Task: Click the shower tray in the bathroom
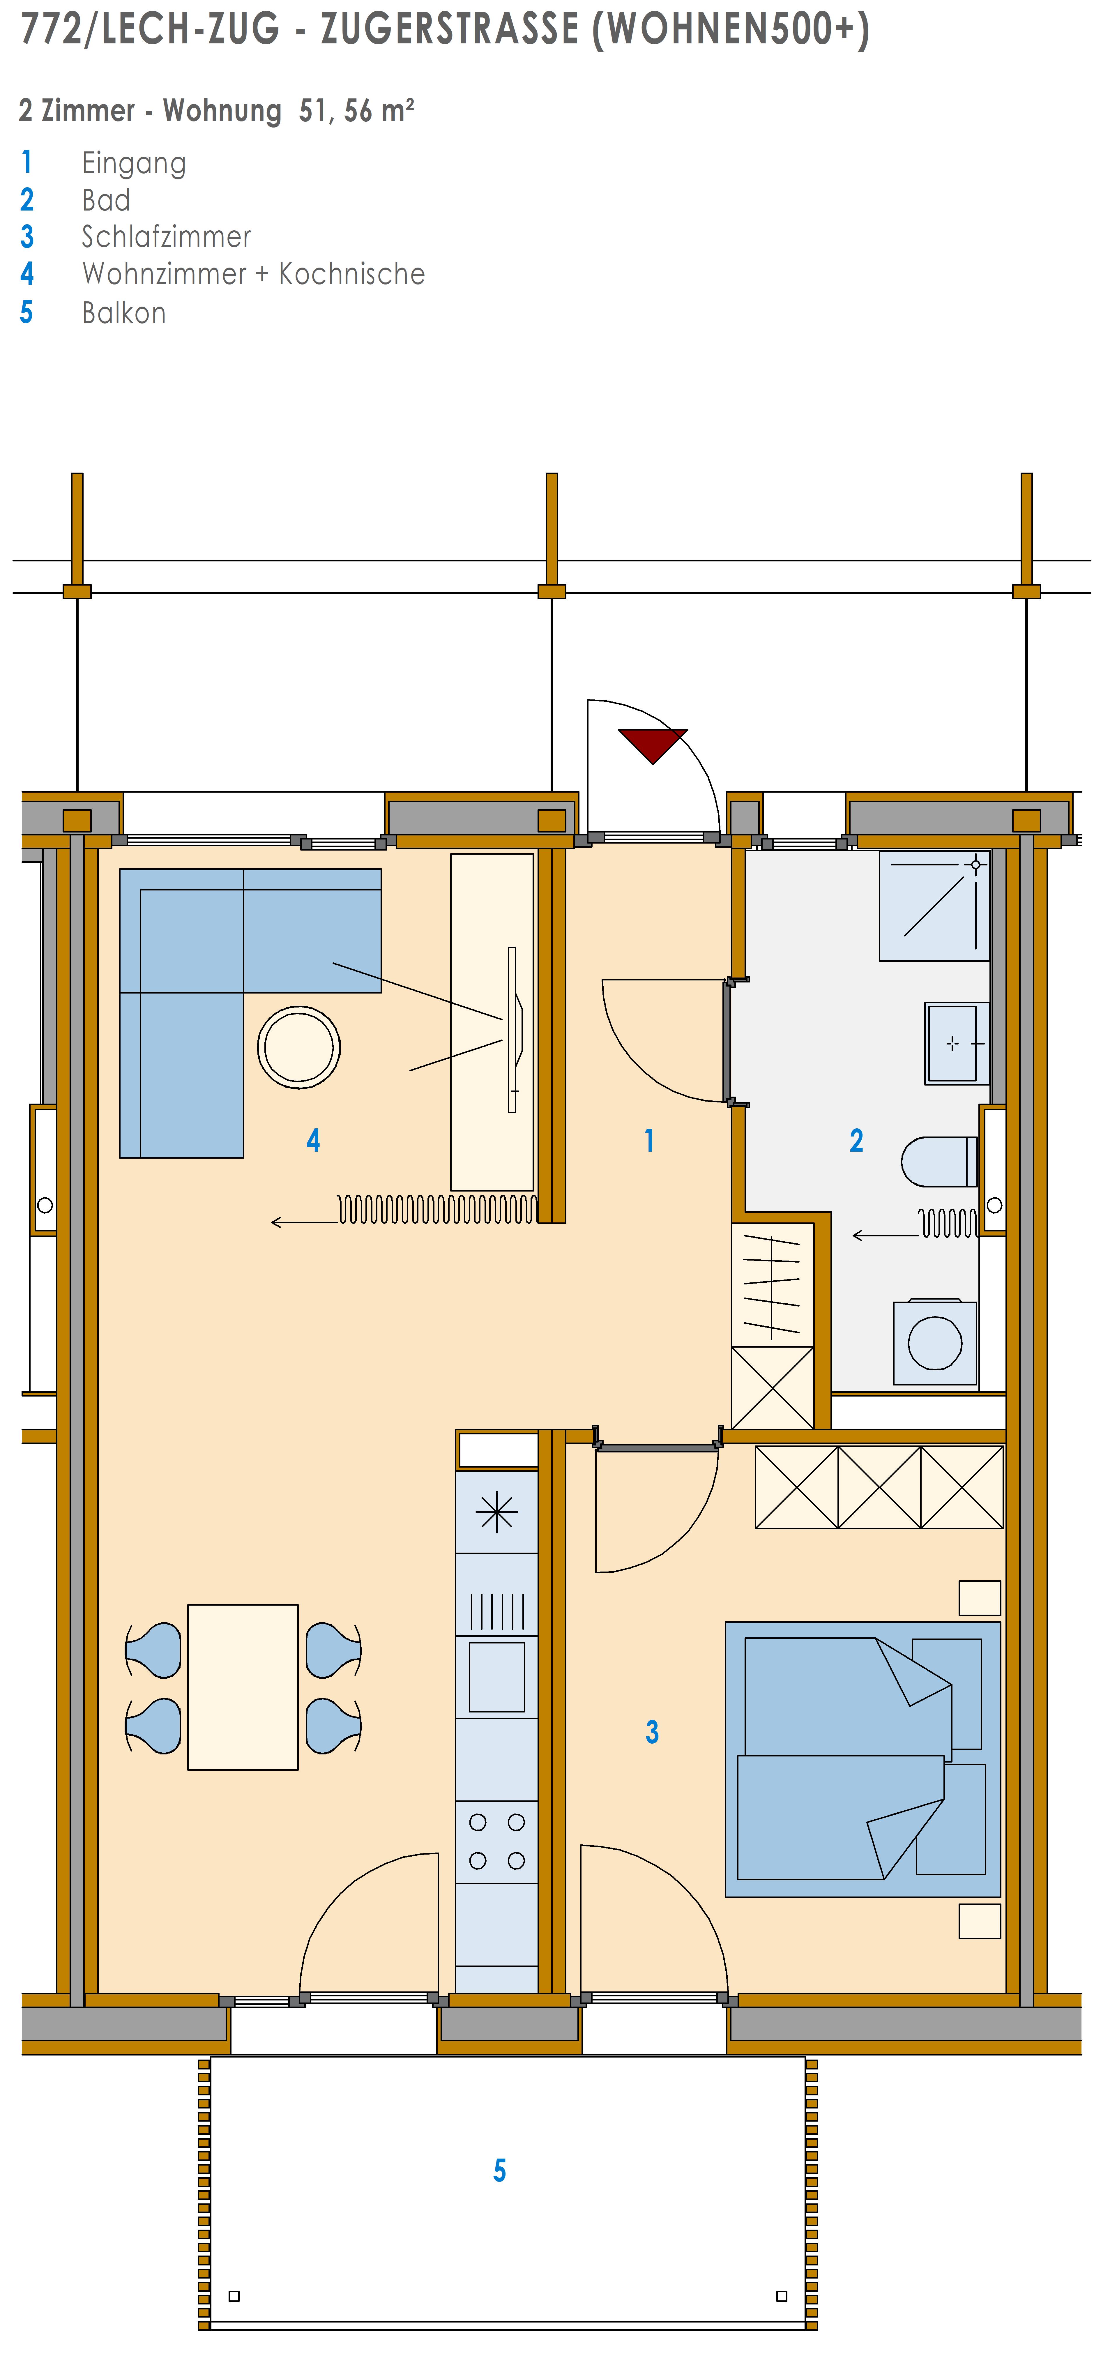[x=934, y=906]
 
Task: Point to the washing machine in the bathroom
[x=935, y=1342]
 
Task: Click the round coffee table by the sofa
[x=298, y=1047]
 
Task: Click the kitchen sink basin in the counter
[x=497, y=1676]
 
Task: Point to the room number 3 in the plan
[x=652, y=1731]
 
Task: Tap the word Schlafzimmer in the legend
[x=167, y=237]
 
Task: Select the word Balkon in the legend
[x=124, y=313]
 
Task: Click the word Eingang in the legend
[x=135, y=164]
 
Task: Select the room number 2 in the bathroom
[x=856, y=1141]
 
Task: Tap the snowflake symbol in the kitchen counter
[x=497, y=1512]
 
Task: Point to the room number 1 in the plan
[x=649, y=1141]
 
